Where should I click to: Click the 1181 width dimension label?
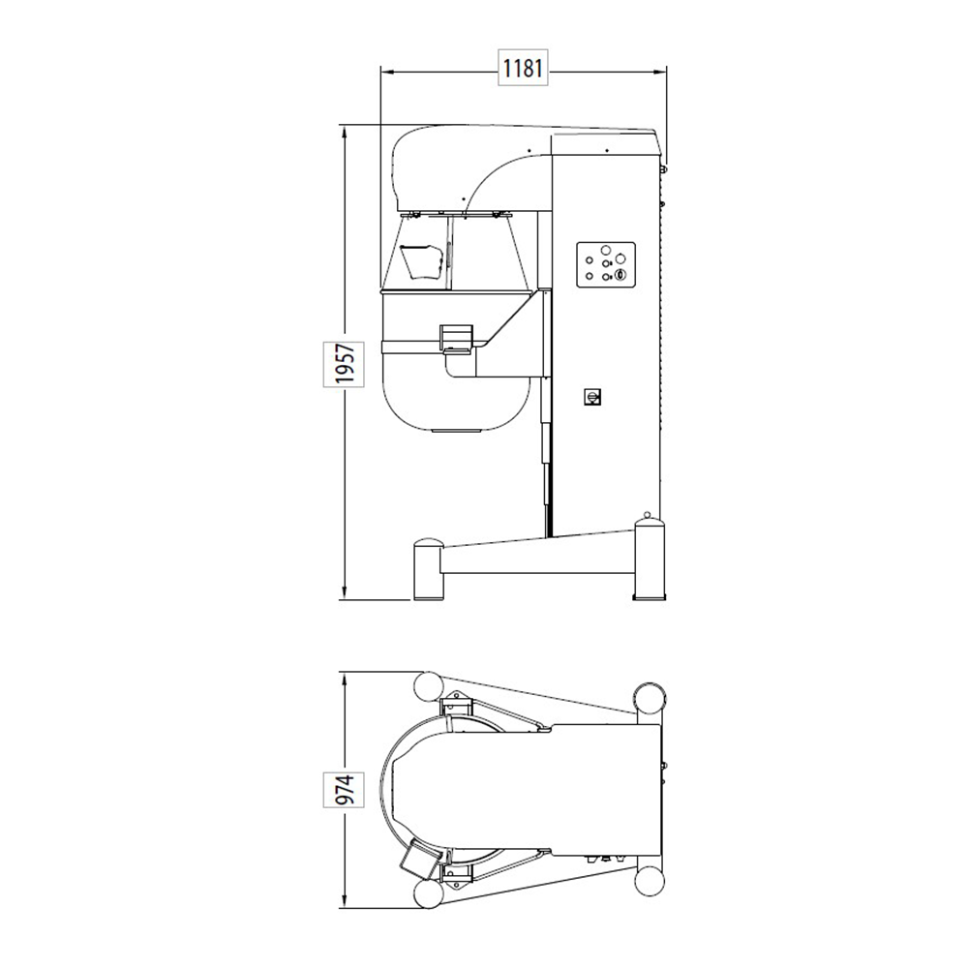[x=523, y=68]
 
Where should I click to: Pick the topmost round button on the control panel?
[x=605, y=250]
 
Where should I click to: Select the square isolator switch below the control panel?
[x=592, y=397]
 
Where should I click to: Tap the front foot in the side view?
[x=429, y=569]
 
